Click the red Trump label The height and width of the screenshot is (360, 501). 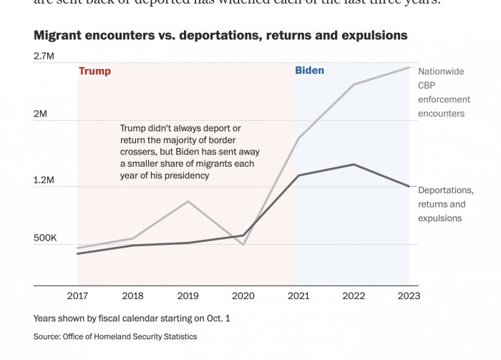pyautogui.click(x=94, y=71)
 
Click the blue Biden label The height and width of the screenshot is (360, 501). pyautogui.click(x=309, y=70)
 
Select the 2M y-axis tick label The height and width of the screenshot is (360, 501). pyautogui.click(x=40, y=114)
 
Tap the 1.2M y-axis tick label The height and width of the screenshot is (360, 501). pyautogui.click(x=44, y=180)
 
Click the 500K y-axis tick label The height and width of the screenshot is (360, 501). pyautogui.click(x=45, y=238)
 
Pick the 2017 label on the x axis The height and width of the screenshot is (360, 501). pyautogui.click(x=77, y=296)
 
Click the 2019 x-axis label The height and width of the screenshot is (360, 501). pyautogui.click(x=188, y=296)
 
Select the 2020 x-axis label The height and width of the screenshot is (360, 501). pyautogui.click(x=243, y=296)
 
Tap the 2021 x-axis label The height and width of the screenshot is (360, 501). pyautogui.click(x=298, y=296)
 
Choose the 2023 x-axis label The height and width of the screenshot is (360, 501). pyautogui.click(x=409, y=296)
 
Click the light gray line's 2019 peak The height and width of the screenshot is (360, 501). pyautogui.click(x=188, y=201)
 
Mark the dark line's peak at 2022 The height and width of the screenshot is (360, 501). pyautogui.click(x=354, y=165)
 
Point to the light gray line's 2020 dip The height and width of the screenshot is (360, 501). pyautogui.click(x=243, y=245)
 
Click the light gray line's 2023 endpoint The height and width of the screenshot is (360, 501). pyautogui.click(x=409, y=67)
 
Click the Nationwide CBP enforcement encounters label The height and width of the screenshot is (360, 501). pyautogui.click(x=444, y=92)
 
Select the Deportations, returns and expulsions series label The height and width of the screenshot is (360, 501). pyautogui.click(x=445, y=204)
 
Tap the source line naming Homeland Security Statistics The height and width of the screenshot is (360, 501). pyautogui.click(x=115, y=336)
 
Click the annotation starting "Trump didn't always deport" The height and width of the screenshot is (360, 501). pyautogui.click(x=190, y=151)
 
